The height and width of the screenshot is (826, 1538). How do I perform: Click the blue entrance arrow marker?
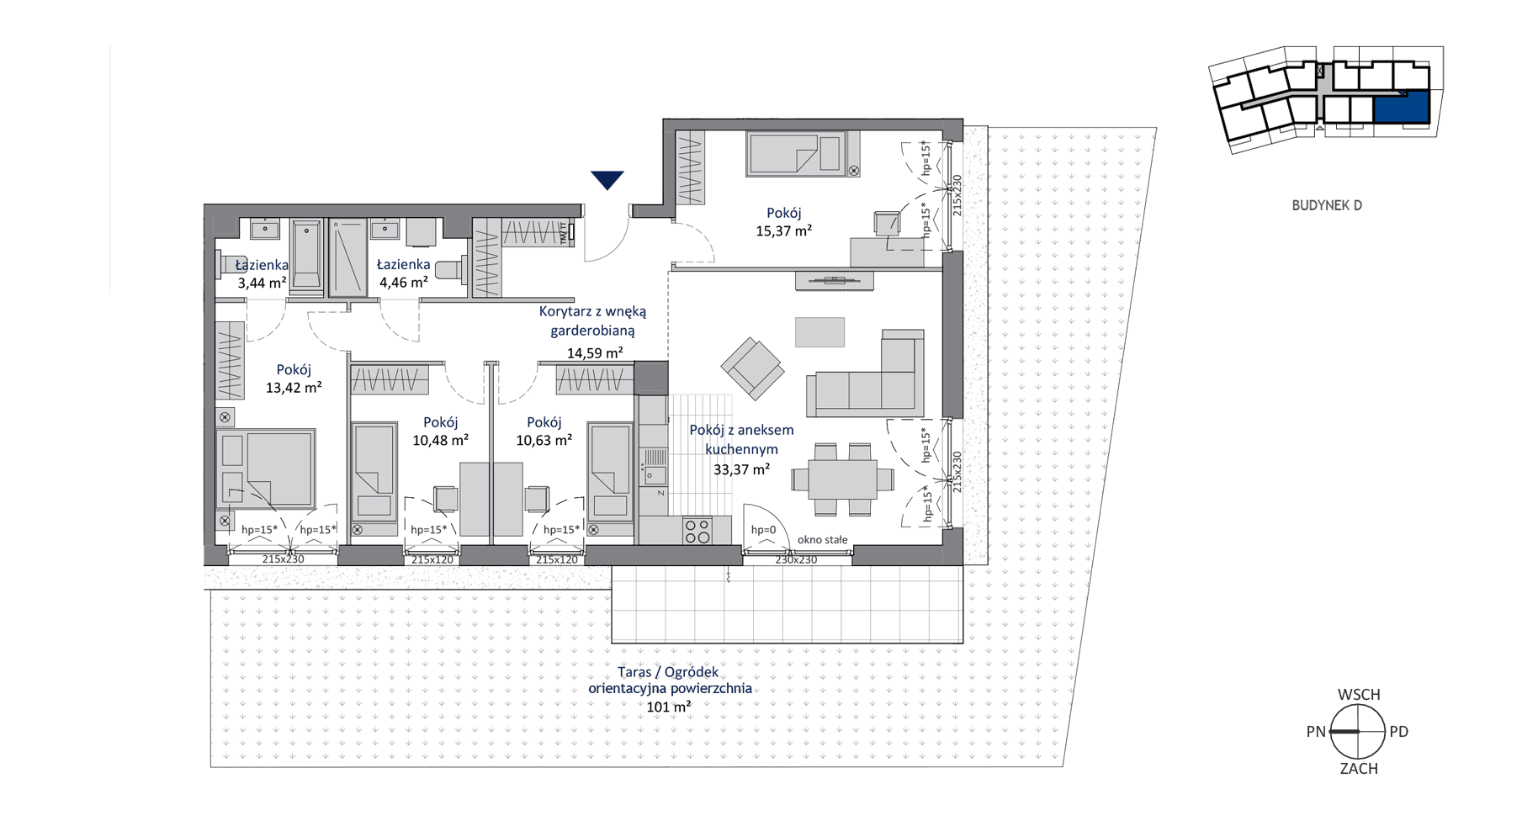point(607,179)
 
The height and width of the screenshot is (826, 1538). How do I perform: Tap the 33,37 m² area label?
point(741,469)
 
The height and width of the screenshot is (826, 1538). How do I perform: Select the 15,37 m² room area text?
point(783,230)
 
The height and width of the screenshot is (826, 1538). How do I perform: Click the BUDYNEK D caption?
point(1327,205)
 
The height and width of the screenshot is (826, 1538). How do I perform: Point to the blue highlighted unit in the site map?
point(1401,108)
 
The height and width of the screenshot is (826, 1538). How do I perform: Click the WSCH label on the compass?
point(1359,695)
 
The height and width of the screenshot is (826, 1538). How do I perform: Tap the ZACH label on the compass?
point(1359,768)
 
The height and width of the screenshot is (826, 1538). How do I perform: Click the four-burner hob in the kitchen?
point(697,531)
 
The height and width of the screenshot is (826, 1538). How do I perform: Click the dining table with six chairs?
point(842,479)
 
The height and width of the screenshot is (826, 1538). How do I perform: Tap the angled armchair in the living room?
point(752,368)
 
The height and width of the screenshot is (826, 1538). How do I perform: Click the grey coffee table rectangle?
point(819,331)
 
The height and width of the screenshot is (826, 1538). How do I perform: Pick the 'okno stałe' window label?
point(823,540)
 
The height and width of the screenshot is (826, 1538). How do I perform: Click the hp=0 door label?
point(763,530)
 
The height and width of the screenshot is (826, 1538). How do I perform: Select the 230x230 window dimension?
point(796,559)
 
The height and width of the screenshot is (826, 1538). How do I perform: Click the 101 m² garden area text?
point(669,707)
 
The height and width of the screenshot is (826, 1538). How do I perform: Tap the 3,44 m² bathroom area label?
point(262,283)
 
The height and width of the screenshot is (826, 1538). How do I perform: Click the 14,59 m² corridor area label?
point(595,353)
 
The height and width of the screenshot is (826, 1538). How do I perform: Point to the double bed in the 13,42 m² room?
point(266,469)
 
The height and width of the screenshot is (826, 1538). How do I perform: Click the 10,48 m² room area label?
point(440,440)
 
